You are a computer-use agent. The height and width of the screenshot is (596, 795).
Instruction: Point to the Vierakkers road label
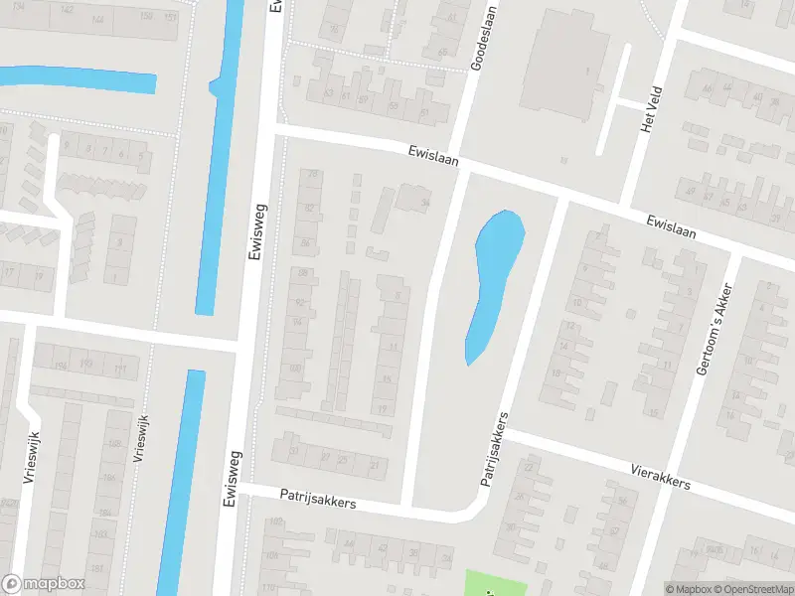[x=660, y=475]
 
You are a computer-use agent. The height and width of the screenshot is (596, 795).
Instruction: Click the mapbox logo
[x=44, y=584]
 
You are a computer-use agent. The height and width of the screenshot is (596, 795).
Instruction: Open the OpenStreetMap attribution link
[x=752, y=589]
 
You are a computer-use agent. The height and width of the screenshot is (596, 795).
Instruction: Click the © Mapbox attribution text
[x=688, y=589]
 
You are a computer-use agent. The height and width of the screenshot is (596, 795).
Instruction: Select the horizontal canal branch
[x=79, y=79]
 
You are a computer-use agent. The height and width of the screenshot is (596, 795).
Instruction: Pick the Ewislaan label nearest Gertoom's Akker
[x=672, y=228]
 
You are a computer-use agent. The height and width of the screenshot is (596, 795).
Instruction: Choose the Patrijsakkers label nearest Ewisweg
[x=318, y=499]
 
